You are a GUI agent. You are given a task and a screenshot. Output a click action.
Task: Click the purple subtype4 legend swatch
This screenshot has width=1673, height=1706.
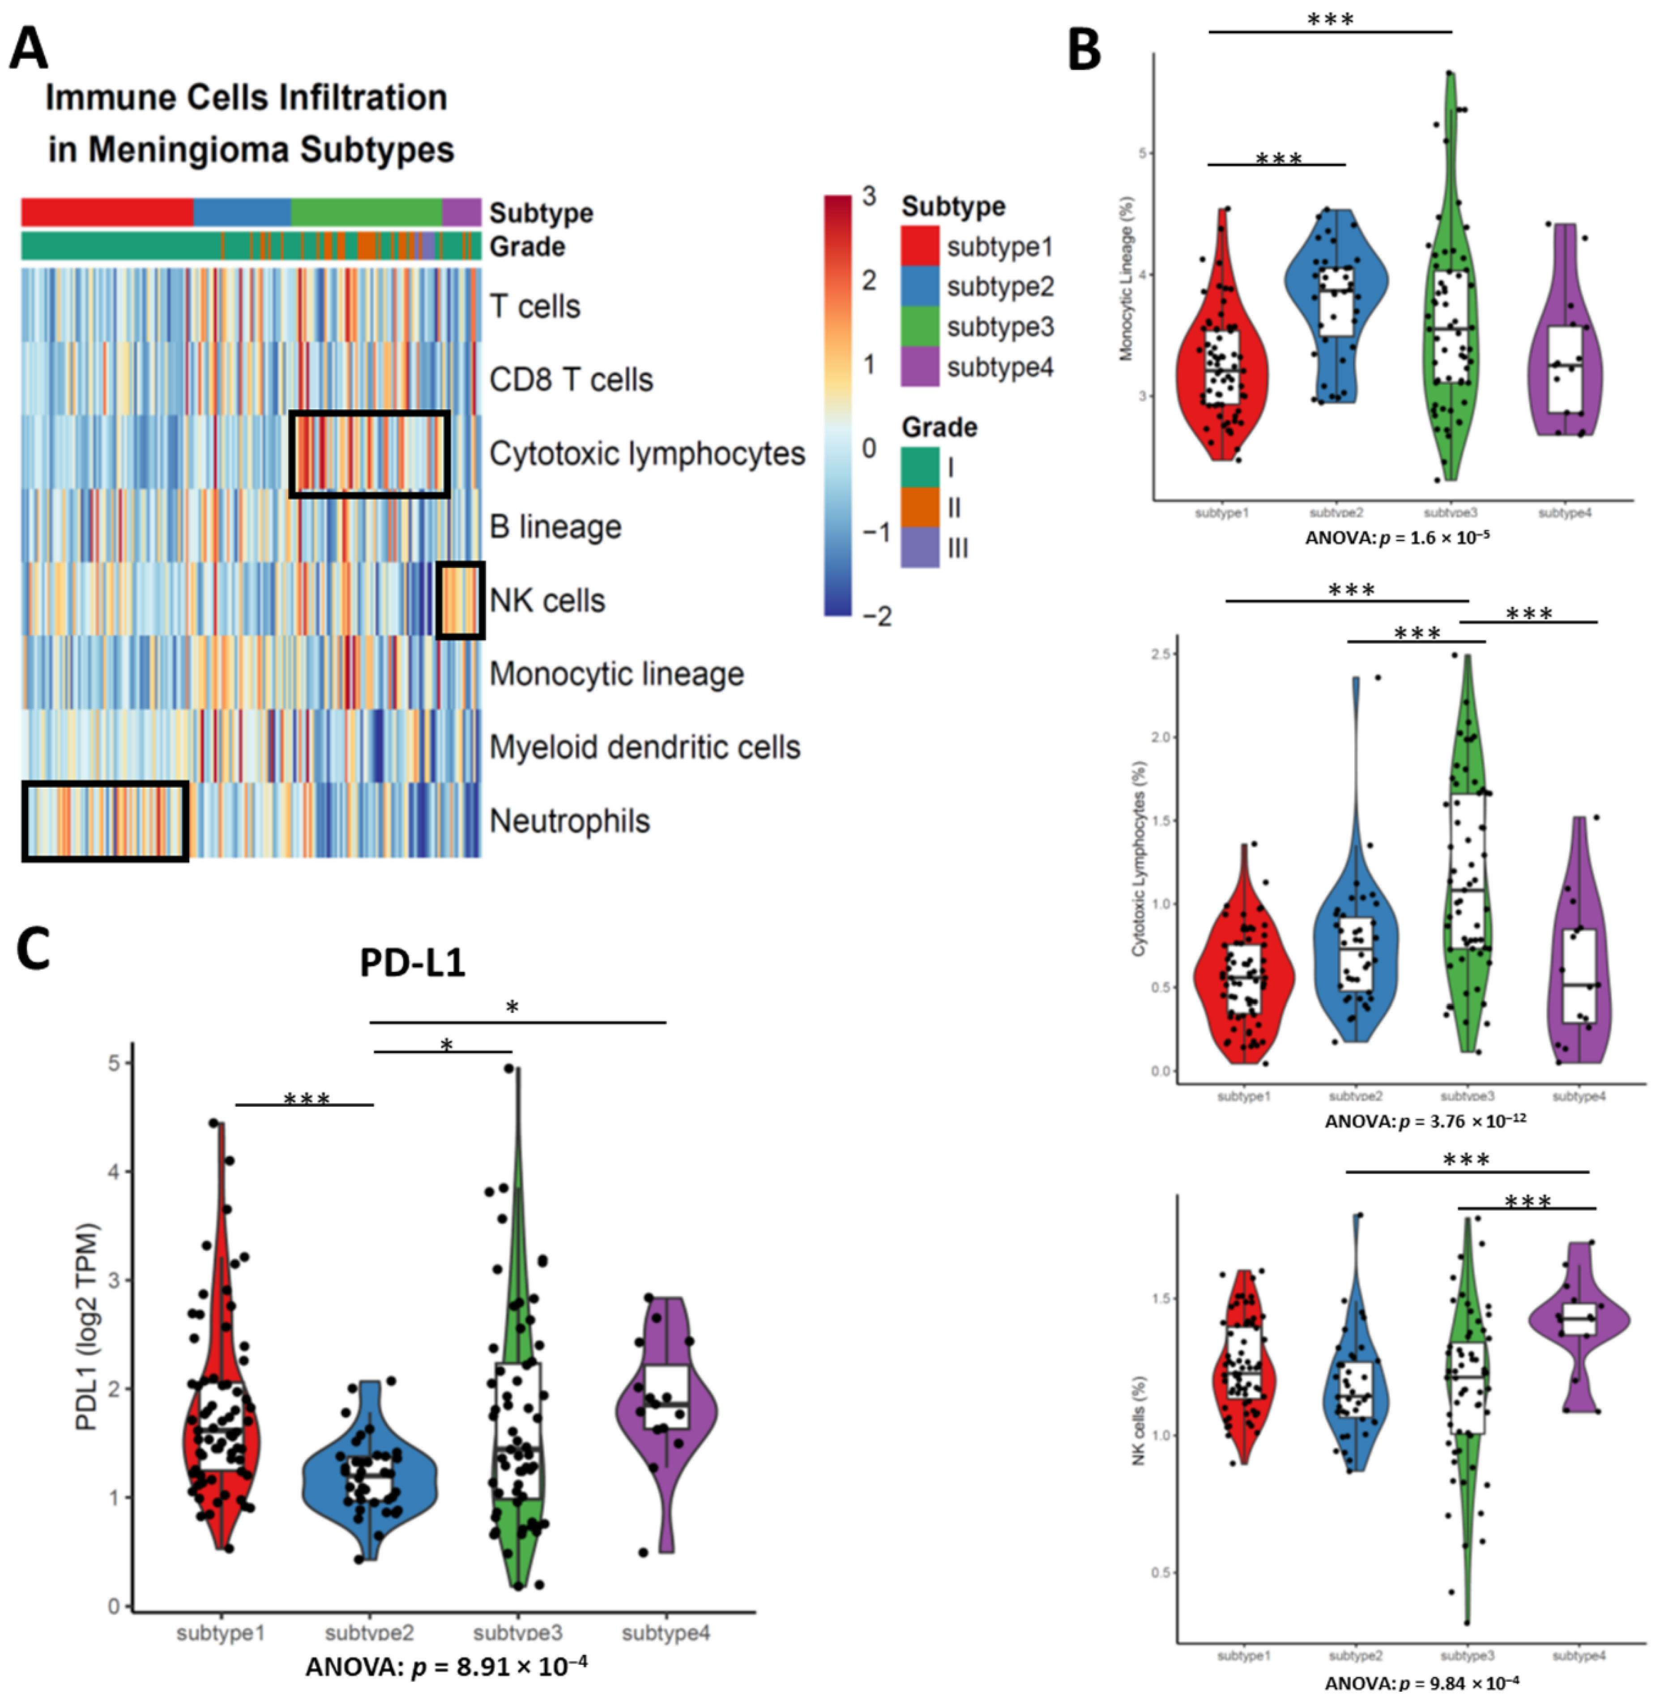point(919,367)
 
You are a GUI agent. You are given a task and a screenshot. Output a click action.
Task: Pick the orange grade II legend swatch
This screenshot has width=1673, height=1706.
point(919,508)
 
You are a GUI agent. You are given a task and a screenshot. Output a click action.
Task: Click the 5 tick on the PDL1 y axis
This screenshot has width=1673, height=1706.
point(114,1063)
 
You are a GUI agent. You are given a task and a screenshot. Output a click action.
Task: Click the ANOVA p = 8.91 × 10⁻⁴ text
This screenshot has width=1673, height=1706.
point(446,1667)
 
